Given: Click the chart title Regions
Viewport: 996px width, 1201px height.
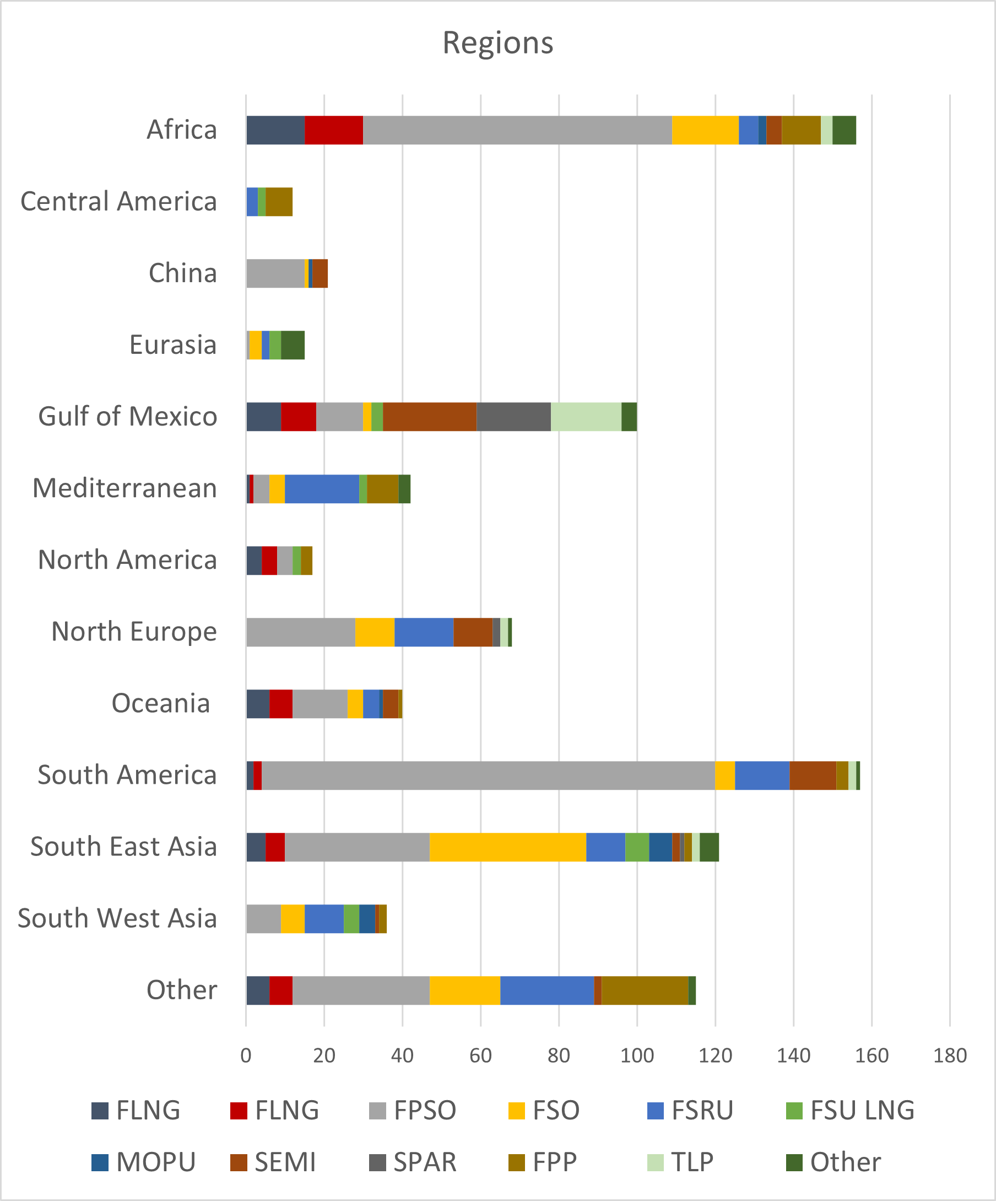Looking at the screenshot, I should coord(497,44).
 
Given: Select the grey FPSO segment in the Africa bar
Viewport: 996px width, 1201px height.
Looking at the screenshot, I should coord(517,131).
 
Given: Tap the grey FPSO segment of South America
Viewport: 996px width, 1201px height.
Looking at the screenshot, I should coord(488,775).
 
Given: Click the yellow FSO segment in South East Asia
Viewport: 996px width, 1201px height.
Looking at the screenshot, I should coord(508,847).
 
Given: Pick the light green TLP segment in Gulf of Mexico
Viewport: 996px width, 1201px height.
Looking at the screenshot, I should coord(586,417).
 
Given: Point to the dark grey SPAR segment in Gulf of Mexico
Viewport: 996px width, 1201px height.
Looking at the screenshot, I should coord(513,417).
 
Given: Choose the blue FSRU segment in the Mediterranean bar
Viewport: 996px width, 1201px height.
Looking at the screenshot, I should coord(322,489).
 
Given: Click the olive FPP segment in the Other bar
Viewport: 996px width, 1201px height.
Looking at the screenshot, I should coord(645,990).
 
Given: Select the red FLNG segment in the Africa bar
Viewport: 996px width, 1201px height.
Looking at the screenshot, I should coord(334,131).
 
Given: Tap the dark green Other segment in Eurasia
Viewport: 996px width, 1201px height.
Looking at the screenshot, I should coord(293,346).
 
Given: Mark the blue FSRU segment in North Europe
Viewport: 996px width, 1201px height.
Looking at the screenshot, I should coord(424,633).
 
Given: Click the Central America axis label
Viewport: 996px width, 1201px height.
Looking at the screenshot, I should coord(119,202).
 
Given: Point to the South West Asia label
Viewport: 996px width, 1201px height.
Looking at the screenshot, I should coord(118,918).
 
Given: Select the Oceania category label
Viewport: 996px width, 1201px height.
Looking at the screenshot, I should coord(161,703).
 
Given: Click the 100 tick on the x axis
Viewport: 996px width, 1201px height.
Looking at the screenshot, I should coord(637,1055).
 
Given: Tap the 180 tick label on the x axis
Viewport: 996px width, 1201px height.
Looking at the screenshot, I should coord(950,1055).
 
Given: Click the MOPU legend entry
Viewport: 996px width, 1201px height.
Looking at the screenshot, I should coord(144,1162).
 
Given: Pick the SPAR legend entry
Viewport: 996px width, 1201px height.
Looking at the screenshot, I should coord(413,1162).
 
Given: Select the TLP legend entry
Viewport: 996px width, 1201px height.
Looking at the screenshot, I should coord(680,1162).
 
